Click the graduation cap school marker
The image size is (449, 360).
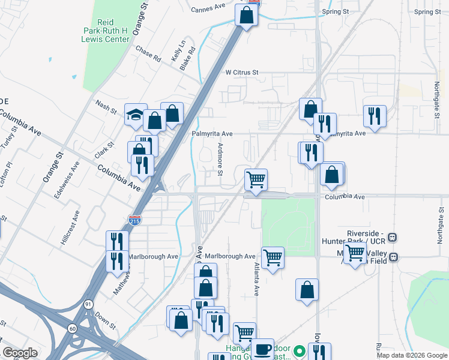tap(136, 114)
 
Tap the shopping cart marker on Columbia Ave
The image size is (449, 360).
tap(256, 179)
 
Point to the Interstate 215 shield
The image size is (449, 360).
tap(135, 221)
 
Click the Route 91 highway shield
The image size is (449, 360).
tap(88, 305)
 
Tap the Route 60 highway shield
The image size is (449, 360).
tap(72, 328)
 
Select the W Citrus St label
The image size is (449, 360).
tap(242, 73)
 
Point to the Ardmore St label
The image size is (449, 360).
tap(220, 160)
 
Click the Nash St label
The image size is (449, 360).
tap(106, 106)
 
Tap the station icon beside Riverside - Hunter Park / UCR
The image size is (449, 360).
tap(393, 236)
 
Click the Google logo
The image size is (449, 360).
tap(20, 353)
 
